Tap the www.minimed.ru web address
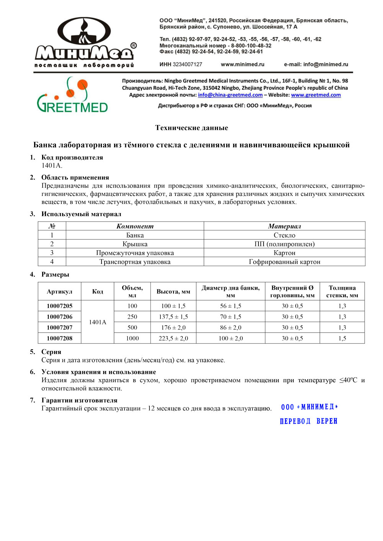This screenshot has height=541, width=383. tap(242, 64)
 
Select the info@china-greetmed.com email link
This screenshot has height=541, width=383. tap(230, 95)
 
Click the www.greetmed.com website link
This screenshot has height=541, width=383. tap(316, 95)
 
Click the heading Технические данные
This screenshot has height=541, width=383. tap(191, 128)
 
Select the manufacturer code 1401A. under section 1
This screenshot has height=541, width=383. tap(52, 165)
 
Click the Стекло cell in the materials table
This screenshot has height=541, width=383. tap(284, 235)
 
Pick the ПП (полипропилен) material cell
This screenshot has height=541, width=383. tap(284, 244)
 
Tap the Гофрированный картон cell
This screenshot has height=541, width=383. tap(284, 262)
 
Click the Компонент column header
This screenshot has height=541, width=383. tap(135, 226)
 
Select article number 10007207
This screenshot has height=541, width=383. tap(59, 328)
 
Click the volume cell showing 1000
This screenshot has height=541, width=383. tap(132, 338)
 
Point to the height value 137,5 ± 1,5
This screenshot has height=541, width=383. tap(173, 317)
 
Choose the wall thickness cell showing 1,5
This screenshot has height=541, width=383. tap(342, 338)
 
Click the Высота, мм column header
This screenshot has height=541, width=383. tap(173, 292)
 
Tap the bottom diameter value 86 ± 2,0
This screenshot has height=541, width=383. tap(231, 328)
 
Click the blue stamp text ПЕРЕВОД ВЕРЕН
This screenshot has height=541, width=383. tap(308, 421)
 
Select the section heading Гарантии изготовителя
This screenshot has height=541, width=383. tap(79, 400)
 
